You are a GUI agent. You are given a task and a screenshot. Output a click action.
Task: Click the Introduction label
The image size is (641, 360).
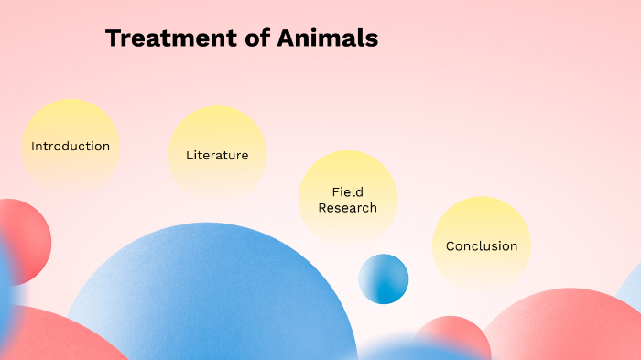[x=71, y=147]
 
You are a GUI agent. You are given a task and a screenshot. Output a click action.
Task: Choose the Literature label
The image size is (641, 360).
[x=217, y=156]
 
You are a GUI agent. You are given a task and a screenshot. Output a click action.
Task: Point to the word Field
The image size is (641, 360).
[x=348, y=192]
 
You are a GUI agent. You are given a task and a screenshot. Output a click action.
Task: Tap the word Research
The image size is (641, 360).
[x=348, y=208]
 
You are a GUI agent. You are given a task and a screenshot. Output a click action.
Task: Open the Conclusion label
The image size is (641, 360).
[x=482, y=246]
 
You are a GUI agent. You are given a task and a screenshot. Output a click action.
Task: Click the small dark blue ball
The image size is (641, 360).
[x=383, y=278]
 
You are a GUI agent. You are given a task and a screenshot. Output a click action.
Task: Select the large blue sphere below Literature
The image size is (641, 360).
[x=211, y=293]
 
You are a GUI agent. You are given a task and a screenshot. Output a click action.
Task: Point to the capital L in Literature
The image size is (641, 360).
[x=190, y=156]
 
